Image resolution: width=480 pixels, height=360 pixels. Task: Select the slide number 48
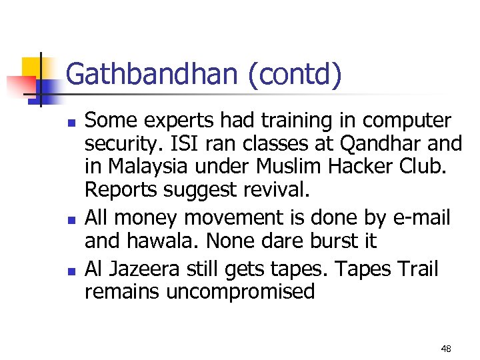click(x=446, y=349)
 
